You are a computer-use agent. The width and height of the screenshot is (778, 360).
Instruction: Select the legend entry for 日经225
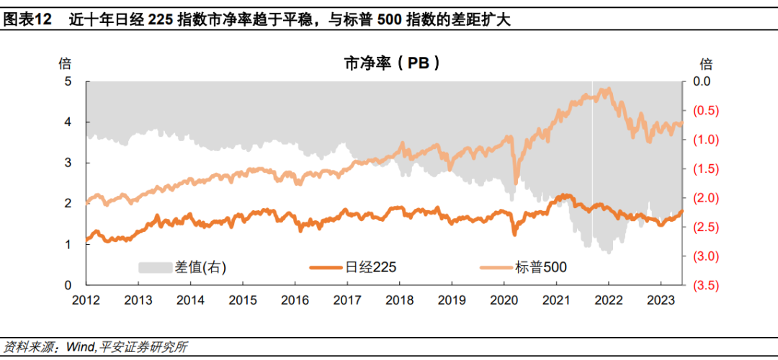[353, 267]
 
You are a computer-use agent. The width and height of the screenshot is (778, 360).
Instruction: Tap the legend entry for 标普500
[523, 267]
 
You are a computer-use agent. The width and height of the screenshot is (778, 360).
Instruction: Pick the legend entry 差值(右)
[182, 267]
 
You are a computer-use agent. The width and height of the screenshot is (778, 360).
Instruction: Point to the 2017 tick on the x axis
[347, 300]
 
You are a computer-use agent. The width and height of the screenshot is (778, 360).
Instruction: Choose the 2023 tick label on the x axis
[661, 300]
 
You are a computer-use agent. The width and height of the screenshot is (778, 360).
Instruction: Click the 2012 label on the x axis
[86, 300]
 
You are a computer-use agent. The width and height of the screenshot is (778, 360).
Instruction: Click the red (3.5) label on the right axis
[699, 286]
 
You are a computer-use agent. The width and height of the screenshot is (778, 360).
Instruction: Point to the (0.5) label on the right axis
[699, 111]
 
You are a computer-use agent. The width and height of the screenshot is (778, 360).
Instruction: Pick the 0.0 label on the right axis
[699, 81]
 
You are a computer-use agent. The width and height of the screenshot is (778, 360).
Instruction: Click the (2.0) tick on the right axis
[699, 198]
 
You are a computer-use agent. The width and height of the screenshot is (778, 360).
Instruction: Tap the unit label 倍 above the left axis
[65, 63]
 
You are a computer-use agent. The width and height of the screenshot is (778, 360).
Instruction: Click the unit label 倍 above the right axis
[705, 63]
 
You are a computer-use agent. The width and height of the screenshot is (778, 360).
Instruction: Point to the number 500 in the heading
[390, 20]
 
